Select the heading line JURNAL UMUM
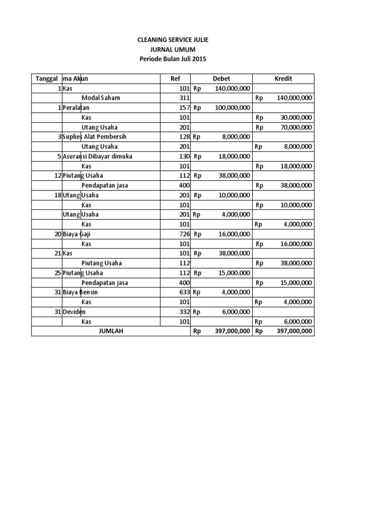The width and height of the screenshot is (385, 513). [172, 49]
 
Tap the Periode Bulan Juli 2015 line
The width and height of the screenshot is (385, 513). [172, 59]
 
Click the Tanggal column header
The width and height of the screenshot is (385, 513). [46, 79]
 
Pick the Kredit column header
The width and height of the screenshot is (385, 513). [283, 79]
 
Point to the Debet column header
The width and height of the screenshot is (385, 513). [222, 79]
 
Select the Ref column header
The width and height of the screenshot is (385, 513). [175, 79]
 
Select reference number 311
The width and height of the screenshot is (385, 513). [184, 98]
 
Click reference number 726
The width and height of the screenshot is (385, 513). [184, 234]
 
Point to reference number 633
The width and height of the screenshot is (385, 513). [184, 292]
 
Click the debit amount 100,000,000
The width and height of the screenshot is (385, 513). [231, 108]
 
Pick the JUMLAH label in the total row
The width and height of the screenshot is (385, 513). [111, 331]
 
